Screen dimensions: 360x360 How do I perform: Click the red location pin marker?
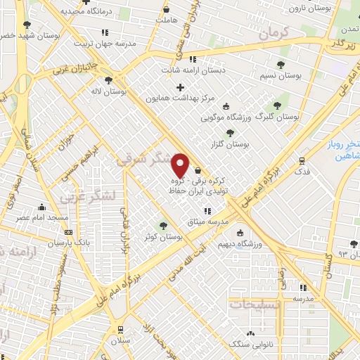click(181, 165)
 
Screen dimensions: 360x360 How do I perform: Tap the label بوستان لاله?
click(111, 92)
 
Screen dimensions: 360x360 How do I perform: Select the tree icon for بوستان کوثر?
click(163, 225)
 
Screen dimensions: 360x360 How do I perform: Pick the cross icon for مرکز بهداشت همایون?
click(180, 87)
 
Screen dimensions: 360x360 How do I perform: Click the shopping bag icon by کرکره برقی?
click(198, 169)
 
